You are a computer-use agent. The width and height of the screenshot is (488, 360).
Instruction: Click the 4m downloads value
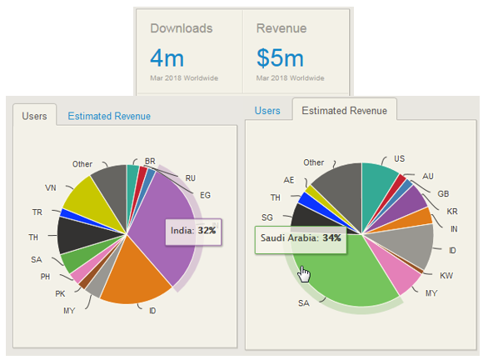[x=167, y=58]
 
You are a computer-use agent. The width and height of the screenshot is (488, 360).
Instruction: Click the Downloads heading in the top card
[x=182, y=28]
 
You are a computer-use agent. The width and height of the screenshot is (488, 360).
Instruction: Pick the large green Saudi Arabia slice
[x=350, y=267]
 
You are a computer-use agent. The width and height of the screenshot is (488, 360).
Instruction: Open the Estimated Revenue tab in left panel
[x=109, y=117]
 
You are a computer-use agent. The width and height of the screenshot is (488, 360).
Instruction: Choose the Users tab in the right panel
[x=267, y=111]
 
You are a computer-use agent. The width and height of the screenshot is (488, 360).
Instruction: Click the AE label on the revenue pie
[x=288, y=179]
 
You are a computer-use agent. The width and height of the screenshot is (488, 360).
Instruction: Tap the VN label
[x=50, y=187]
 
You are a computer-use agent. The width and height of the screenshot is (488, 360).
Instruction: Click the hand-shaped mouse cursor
[x=305, y=274]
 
